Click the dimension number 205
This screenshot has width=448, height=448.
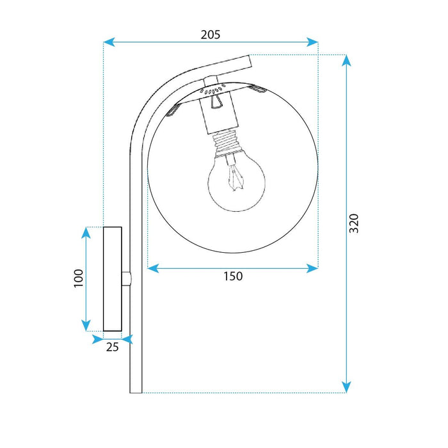click(210, 35)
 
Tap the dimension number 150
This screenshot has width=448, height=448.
click(233, 276)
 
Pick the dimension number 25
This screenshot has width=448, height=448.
click(113, 348)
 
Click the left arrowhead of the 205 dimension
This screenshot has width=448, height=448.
click(109, 42)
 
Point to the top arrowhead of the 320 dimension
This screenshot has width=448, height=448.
click(346, 60)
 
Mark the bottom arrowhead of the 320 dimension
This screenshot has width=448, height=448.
click(346, 387)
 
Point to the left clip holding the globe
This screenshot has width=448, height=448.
click(172, 112)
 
